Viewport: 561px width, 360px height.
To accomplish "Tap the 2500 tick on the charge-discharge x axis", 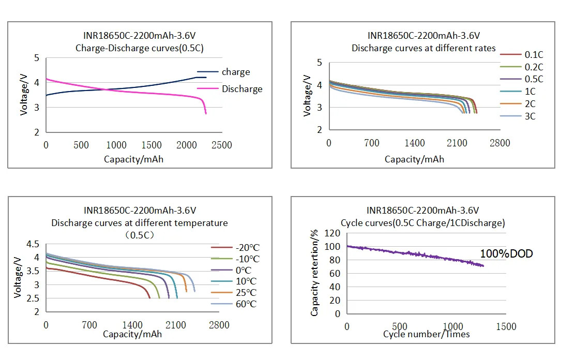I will (x=221, y=145).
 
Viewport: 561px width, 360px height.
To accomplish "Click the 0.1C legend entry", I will (x=534, y=54).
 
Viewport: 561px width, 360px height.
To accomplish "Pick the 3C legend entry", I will (x=530, y=116).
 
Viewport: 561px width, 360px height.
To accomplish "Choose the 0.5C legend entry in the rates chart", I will (x=534, y=79).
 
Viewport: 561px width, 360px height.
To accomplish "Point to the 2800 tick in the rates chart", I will (x=500, y=143).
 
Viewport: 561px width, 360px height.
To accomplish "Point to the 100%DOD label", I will (x=506, y=254).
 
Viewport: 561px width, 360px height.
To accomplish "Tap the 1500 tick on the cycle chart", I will (x=506, y=327).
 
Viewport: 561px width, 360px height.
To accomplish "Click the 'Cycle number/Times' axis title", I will (x=426, y=334).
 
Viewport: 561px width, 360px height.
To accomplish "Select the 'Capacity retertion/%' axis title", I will (x=314, y=274).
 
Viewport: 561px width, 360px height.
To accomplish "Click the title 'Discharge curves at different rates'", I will (x=423, y=48).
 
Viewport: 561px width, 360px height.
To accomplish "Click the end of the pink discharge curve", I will (x=206, y=113).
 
